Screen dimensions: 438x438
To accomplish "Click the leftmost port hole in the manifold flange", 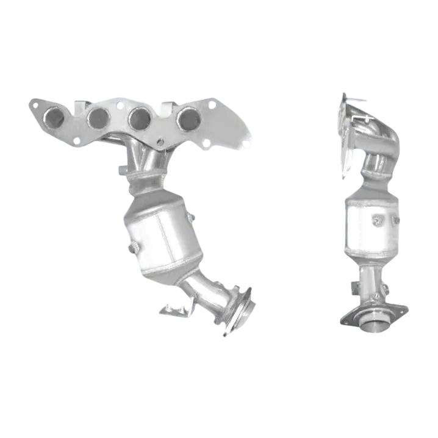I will [x=55, y=117].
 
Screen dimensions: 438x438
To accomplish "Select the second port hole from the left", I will [x=98, y=118].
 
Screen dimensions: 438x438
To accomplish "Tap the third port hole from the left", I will [x=140, y=118].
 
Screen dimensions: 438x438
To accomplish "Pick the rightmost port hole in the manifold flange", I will [x=187, y=118].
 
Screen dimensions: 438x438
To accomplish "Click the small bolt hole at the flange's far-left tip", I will [x=35, y=105].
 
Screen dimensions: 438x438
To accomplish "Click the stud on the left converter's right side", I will [x=192, y=217].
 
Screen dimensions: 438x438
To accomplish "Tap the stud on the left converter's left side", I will [x=133, y=248].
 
